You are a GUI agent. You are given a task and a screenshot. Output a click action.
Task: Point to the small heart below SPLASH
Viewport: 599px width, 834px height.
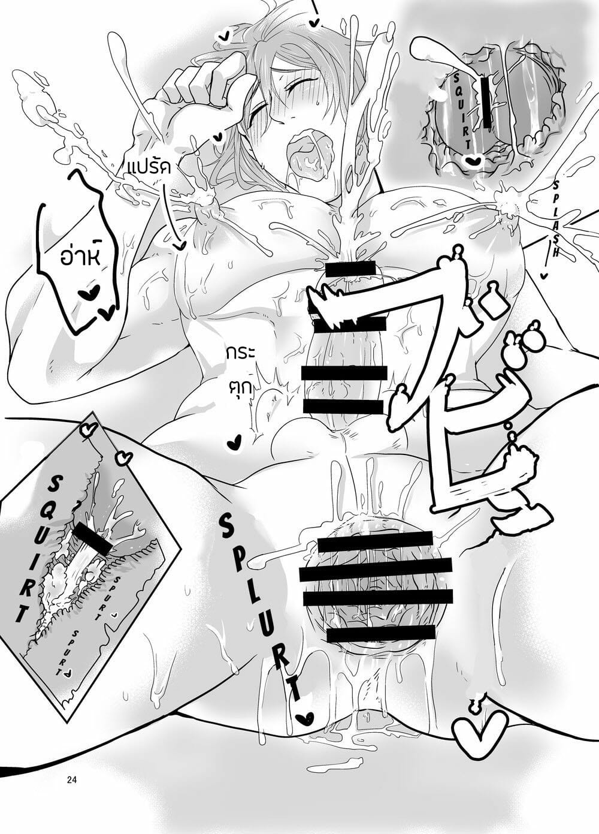[x=543, y=275]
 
